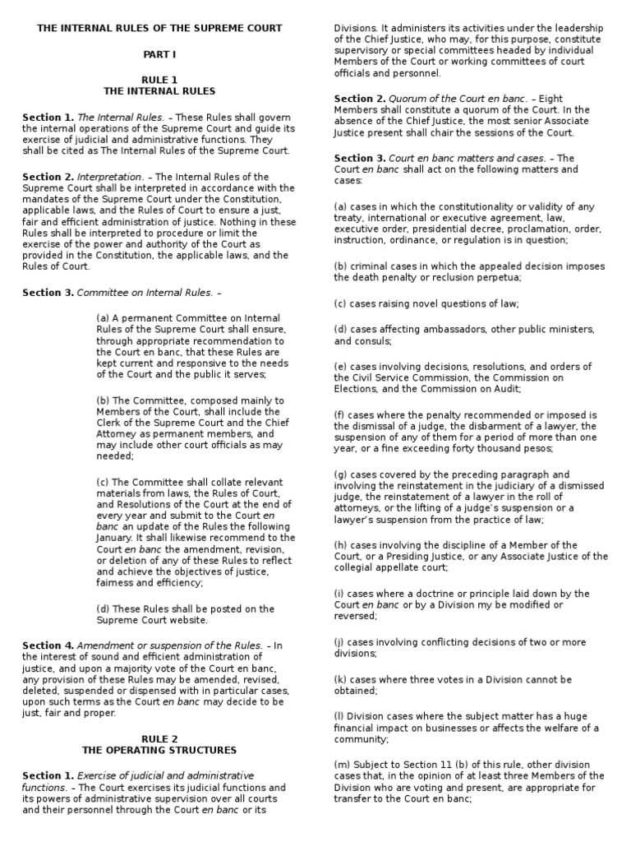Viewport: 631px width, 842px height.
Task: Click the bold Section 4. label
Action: pos(48,645)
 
